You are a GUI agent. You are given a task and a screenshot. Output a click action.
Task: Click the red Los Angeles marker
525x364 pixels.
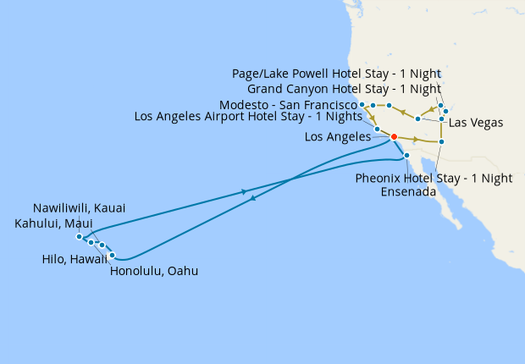point(394,136)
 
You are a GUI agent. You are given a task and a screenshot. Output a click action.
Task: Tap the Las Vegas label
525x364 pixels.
point(476,123)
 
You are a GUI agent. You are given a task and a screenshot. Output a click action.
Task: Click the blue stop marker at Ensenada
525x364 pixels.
point(407,156)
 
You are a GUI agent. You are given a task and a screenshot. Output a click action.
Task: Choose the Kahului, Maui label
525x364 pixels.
point(54,223)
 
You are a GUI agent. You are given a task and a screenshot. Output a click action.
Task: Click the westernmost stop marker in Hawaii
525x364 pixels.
point(79,236)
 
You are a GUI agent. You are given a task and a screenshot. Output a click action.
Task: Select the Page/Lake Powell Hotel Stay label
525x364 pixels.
point(336,74)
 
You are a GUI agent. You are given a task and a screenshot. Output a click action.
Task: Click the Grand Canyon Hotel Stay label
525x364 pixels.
point(344,89)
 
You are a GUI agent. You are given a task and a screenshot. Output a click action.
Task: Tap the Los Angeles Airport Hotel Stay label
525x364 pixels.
point(254,117)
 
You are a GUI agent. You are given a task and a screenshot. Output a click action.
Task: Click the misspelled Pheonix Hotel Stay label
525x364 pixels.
point(434,178)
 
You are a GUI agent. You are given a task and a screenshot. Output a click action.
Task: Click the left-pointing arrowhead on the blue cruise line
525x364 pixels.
point(254,199)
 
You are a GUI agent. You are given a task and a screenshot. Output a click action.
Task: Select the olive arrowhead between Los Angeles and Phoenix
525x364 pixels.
point(416,139)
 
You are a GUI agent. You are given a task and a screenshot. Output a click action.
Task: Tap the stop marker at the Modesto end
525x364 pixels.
point(362,104)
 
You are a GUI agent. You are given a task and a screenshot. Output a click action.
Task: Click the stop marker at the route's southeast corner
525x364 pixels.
point(441,141)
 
